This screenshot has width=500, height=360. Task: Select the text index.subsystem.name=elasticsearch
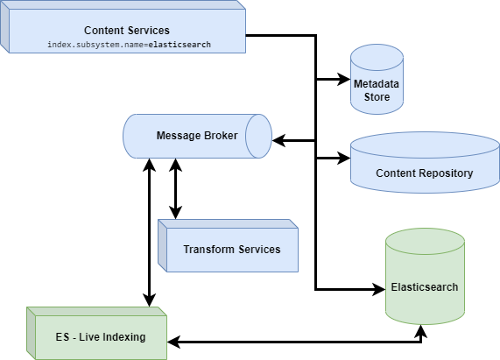(x=129, y=43)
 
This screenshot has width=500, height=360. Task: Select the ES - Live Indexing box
(x=95, y=336)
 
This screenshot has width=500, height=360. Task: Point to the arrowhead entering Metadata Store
(x=344, y=80)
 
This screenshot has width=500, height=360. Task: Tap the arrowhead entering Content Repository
(x=344, y=159)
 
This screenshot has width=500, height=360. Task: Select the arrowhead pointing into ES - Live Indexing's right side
(x=173, y=340)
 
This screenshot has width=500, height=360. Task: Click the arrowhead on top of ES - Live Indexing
(x=150, y=300)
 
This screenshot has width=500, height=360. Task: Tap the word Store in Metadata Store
(x=377, y=96)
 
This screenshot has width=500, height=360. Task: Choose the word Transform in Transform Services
(x=210, y=249)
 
